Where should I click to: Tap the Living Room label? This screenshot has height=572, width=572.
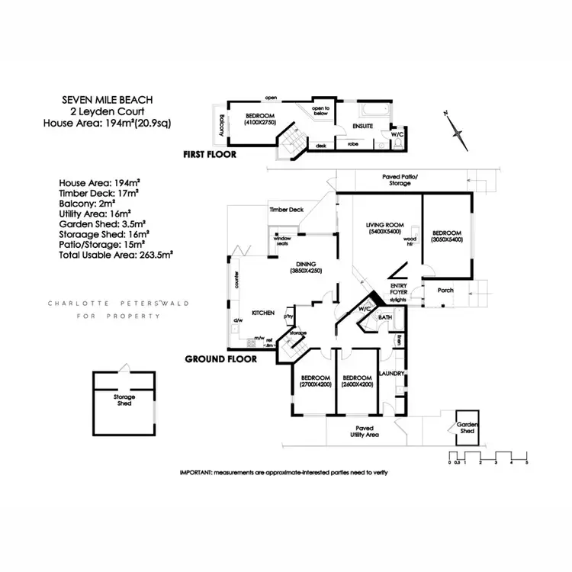coord(384,228)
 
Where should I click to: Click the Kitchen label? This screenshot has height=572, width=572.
coord(263,313)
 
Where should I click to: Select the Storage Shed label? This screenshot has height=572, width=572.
coord(125,400)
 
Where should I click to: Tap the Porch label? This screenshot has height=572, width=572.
coord(445,290)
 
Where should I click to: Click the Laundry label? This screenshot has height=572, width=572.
coord(392,373)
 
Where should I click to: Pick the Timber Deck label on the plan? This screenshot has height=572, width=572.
coord(286,209)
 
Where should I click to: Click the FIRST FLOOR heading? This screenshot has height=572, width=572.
coord(210,154)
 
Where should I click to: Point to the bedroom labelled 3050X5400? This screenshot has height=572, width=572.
coord(446,236)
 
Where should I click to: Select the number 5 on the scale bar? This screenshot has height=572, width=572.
coord(526,464)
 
